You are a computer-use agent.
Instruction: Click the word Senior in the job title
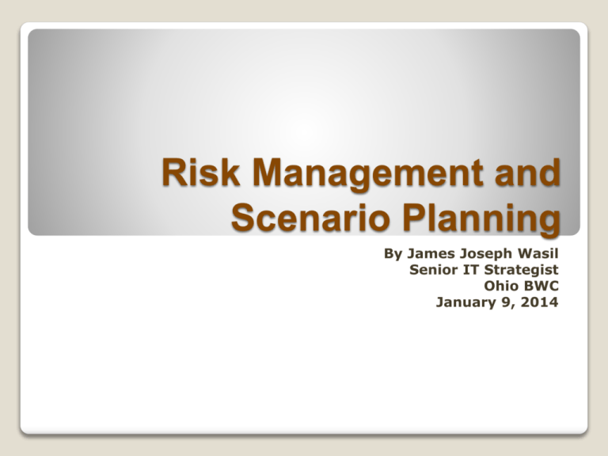point(434,271)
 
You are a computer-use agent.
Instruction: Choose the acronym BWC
point(542,286)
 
